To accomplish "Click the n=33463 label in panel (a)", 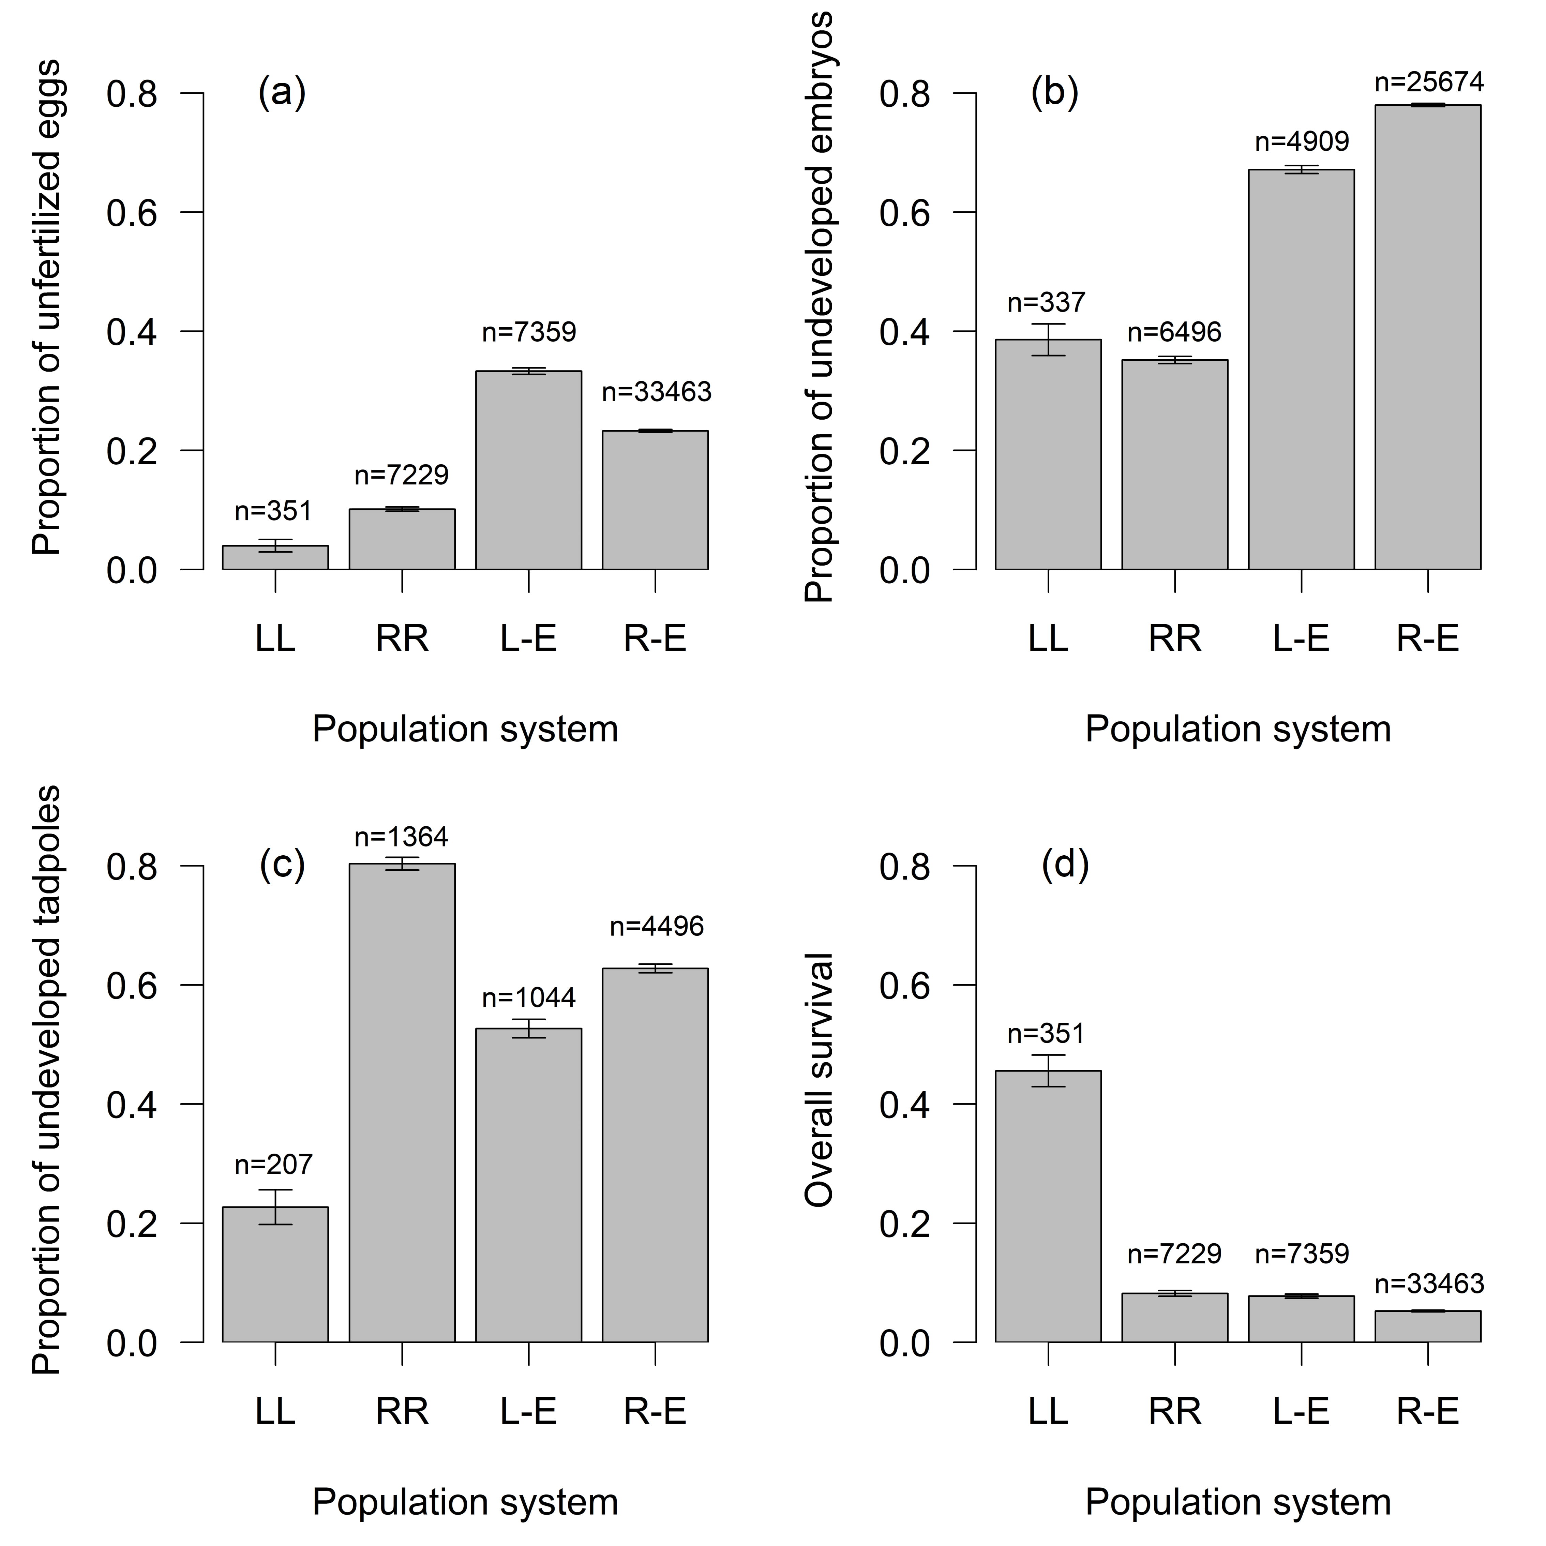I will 656,392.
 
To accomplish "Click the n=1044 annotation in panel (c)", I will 528,998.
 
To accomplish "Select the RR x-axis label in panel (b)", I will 1175,639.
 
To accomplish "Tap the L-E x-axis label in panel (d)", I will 1301,1411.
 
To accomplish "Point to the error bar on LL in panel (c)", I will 275,1207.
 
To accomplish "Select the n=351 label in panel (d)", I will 1046,1034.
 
